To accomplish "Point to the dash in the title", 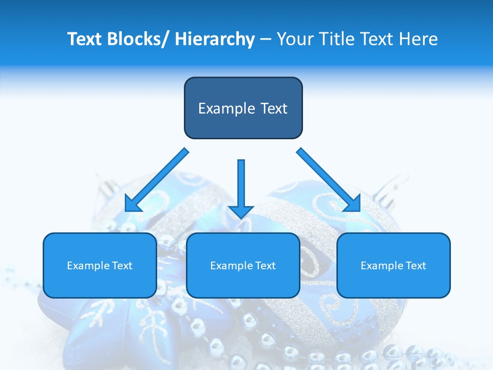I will pyautogui.click(x=266, y=39).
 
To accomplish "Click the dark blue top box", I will pyautogui.click(x=243, y=108).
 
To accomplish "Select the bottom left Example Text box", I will pyautogui.click(x=100, y=265).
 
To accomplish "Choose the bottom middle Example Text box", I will pyautogui.click(x=243, y=265).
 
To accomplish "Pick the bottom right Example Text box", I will pyautogui.click(x=393, y=265).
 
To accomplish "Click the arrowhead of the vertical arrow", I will pyautogui.click(x=241, y=211).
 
